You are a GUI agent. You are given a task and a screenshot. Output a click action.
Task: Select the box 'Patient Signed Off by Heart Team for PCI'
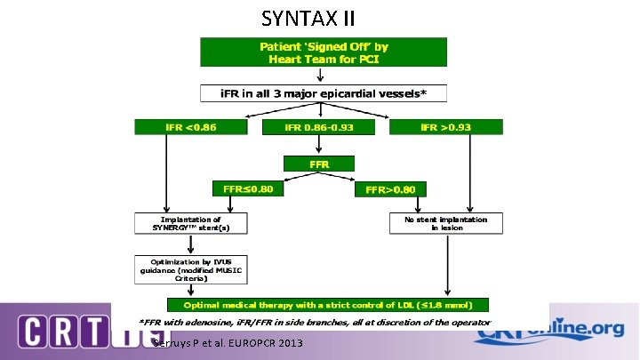[324, 52]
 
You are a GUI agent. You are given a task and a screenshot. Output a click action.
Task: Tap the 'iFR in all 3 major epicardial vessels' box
[324, 92]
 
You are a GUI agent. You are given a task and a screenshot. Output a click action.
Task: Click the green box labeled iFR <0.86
[191, 127]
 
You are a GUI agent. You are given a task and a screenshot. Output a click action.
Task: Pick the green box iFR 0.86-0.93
[318, 127]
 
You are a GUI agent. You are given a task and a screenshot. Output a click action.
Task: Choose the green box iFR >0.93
[446, 127]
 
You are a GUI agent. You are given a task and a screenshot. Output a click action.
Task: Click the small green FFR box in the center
[319, 164]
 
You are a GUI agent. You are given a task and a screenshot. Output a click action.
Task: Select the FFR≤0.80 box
[248, 188]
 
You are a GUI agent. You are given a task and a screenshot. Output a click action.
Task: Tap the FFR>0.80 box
[390, 188]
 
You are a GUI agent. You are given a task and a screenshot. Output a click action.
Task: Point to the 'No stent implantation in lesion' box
[445, 223]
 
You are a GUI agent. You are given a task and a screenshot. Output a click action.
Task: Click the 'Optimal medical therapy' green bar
[324, 303]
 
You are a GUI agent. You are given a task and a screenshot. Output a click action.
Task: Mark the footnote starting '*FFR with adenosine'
[314, 322]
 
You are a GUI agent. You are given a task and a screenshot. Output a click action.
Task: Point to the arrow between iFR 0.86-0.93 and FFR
[319, 146]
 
